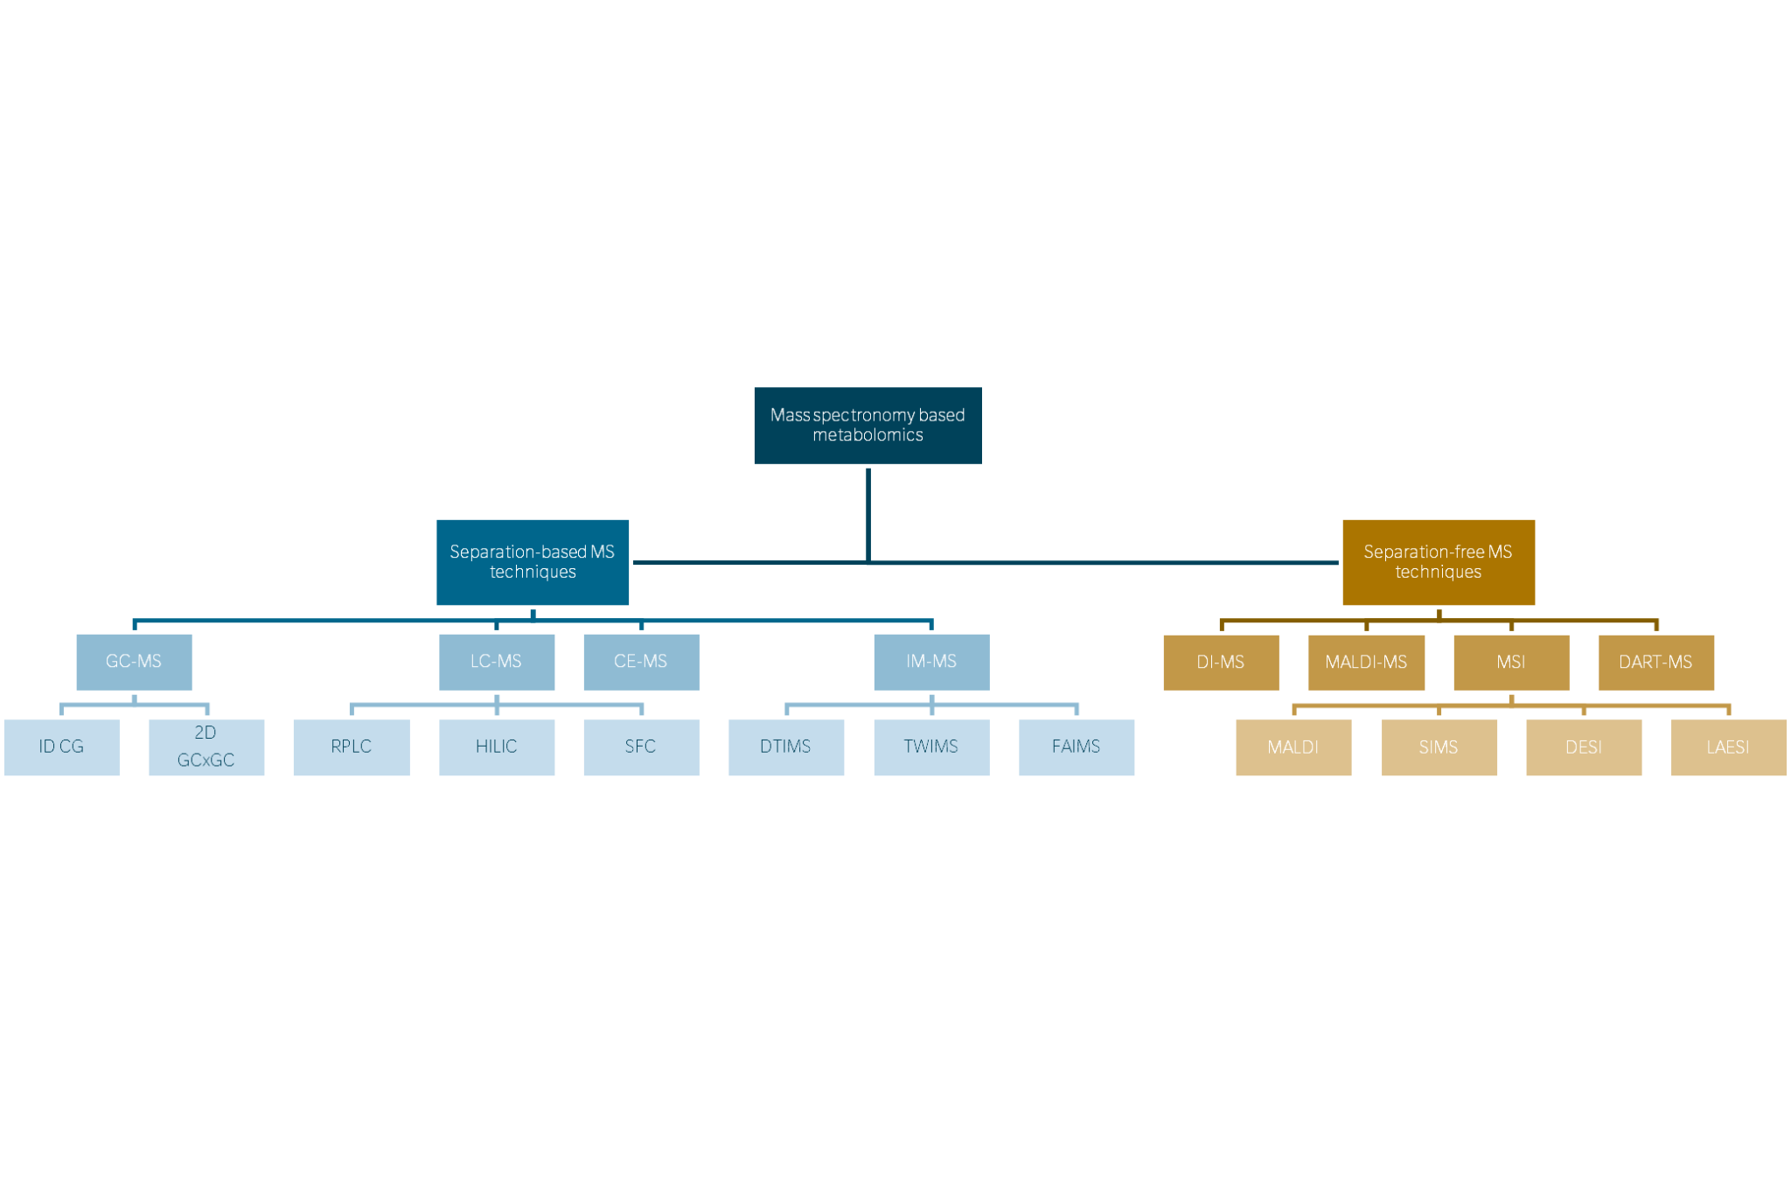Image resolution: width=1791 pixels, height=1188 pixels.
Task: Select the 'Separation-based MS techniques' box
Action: [x=533, y=561]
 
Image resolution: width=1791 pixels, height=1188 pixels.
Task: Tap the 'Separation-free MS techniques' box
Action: [x=1438, y=561]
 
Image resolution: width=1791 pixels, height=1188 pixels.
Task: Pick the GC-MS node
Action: [x=134, y=662]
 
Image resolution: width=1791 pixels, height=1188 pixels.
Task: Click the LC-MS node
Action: [x=496, y=662]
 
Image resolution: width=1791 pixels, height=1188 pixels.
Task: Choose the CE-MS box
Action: [x=640, y=662]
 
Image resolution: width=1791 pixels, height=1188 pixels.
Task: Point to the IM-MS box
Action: [x=930, y=662]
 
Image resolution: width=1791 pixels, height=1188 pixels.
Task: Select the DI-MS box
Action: [x=1220, y=663]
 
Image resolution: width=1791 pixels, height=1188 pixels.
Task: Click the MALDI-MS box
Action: [x=1366, y=663]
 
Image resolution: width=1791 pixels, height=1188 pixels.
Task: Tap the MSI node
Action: [x=1510, y=663]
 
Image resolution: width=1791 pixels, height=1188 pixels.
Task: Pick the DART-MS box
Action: [x=1655, y=663]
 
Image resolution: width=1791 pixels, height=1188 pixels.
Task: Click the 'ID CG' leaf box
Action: [x=61, y=747]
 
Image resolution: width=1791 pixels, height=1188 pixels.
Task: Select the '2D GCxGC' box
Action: [x=206, y=747]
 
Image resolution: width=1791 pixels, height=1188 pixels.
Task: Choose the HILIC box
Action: [x=496, y=747]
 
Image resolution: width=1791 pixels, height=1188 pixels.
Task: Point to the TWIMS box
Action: [x=930, y=747]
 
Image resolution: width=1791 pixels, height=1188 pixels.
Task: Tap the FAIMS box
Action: [x=1076, y=747]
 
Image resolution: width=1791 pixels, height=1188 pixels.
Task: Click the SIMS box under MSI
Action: [x=1439, y=747]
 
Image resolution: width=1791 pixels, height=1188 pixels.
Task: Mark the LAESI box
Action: [x=1728, y=747]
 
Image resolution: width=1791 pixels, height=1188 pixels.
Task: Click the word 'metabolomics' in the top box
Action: [x=868, y=435]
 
